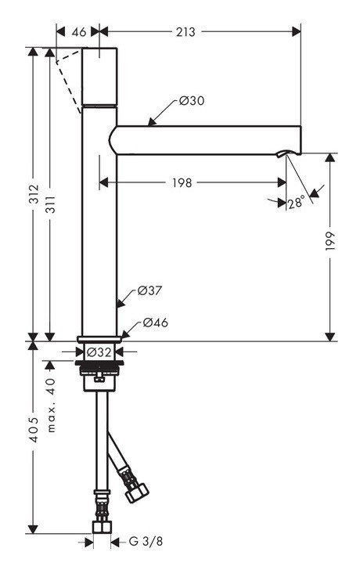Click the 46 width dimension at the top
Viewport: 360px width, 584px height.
[x=78, y=32]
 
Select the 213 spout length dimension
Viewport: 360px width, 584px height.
[x=186, y=32]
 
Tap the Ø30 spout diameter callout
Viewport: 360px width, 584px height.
[x=192, y=101]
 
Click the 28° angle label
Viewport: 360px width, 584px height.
[x=295, y=203]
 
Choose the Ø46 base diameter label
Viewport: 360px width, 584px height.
[x=155, y=323]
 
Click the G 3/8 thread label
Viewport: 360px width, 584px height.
[x=146, y=541]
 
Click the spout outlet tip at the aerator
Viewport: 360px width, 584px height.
[x=291, y=153]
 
